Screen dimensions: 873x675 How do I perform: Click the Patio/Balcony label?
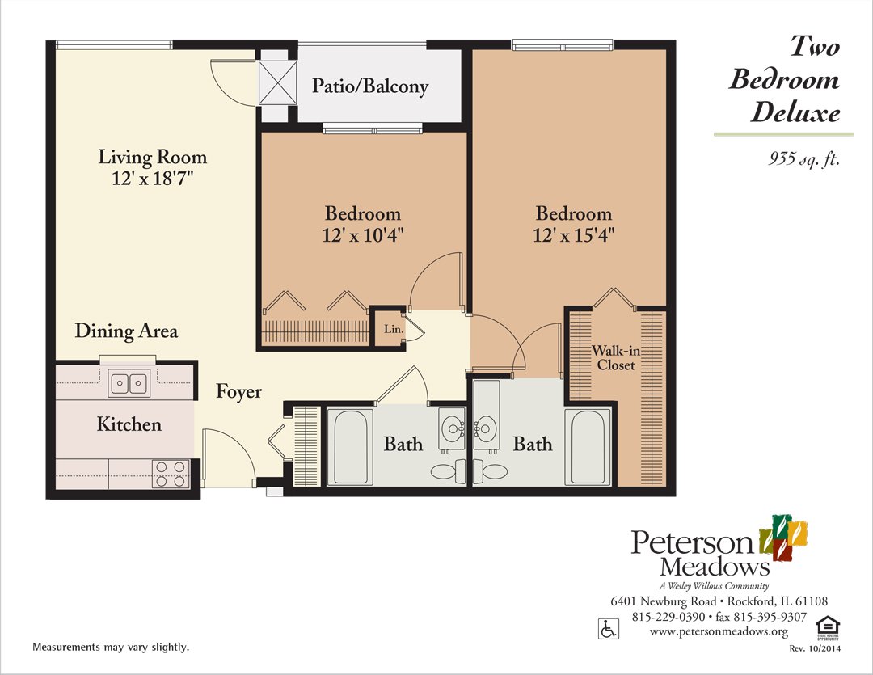point(370,86)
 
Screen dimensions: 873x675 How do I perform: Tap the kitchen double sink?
point(129,383)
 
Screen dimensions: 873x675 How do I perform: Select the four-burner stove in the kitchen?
point(171,474)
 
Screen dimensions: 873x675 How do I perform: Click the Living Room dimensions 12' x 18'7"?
point(153,178)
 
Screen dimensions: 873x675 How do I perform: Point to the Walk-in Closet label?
point(616,357)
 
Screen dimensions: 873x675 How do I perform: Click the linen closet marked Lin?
point(393,329)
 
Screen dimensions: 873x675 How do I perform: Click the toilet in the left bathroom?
point(449,472)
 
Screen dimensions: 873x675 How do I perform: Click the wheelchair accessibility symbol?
point(609,629)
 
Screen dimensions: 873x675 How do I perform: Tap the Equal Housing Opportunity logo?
point(828,627)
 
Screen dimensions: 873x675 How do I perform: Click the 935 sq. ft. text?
point(804,158)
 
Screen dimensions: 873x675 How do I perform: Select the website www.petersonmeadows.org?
point(719,631)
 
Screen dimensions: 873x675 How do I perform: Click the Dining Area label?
point(126,331)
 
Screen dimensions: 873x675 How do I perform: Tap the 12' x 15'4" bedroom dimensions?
point(573,235)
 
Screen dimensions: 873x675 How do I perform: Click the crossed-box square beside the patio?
point(278,82)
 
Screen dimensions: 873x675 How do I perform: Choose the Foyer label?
point(238,391)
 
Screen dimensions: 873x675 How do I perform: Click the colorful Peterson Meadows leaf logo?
point(783,537)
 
